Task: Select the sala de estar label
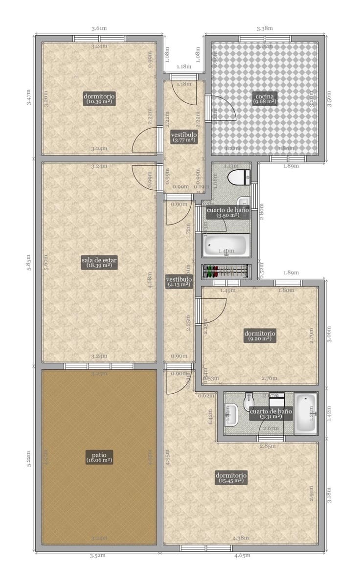99,263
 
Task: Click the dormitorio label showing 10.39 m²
99,99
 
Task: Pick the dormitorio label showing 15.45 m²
231,478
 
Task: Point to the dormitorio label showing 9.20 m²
260,336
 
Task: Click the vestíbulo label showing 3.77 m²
183,137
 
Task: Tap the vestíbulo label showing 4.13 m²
179,281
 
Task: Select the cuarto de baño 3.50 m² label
227,212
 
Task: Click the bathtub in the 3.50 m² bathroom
226,246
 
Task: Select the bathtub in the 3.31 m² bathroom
306,413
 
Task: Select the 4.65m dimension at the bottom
242,556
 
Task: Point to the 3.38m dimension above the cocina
265,28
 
